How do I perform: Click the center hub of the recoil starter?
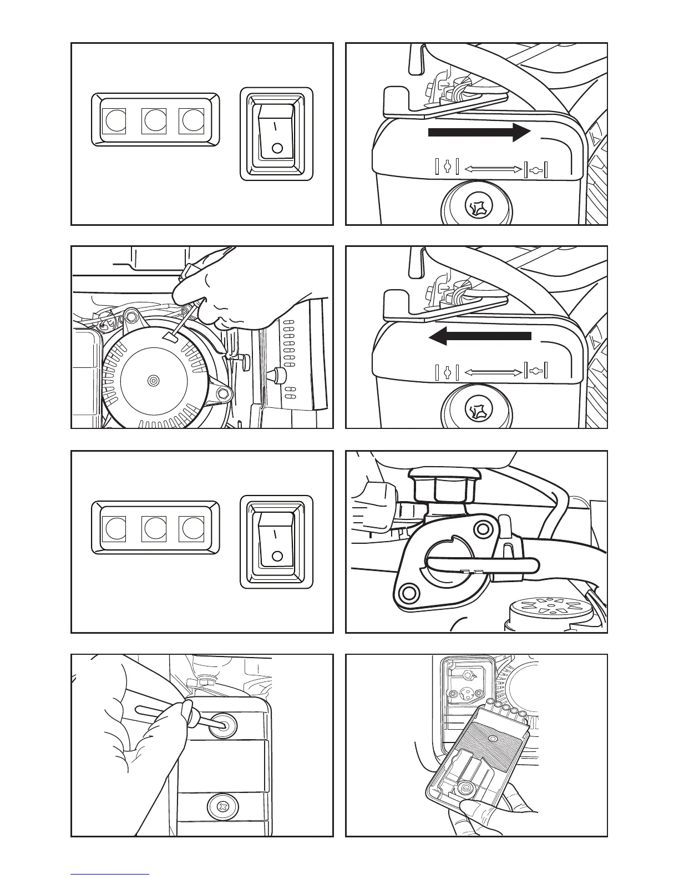(153, 380)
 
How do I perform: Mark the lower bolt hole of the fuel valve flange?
(408, 593)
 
